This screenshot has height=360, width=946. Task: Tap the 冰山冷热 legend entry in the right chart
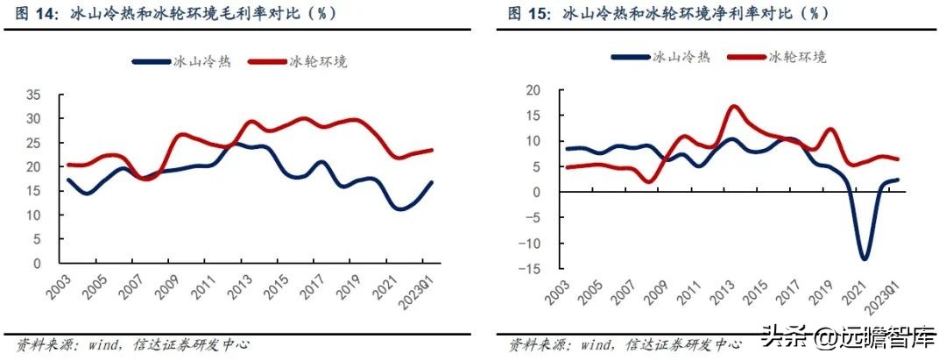coord(660,57)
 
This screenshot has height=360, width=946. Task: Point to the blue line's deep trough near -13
coord(865,258)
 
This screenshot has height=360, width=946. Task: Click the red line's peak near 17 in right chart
coord(733,106)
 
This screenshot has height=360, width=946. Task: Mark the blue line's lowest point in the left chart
coord(400,209)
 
